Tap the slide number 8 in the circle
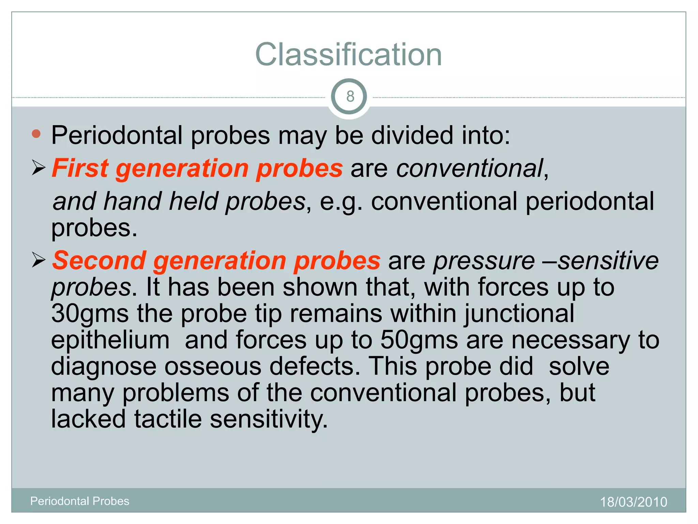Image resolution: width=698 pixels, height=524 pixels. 350,97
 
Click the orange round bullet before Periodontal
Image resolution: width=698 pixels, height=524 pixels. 36,134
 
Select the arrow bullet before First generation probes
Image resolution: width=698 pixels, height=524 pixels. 39,168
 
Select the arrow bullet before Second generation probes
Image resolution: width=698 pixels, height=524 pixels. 39,260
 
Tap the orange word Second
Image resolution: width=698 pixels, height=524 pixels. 99,260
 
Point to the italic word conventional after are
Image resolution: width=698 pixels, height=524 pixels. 470,169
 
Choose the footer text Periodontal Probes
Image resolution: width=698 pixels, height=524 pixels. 80,501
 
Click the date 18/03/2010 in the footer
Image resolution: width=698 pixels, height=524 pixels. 633,502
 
